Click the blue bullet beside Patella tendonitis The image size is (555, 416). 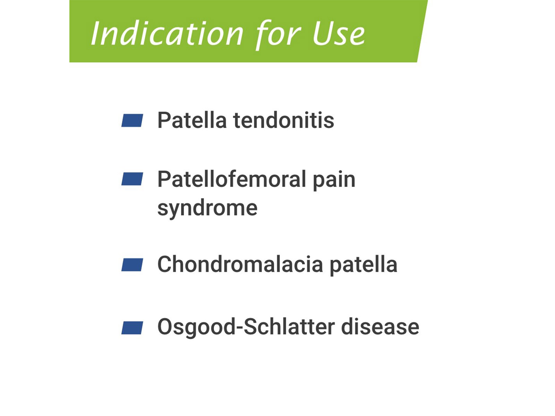132,120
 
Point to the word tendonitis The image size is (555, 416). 284,120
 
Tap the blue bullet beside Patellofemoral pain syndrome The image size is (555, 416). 132,179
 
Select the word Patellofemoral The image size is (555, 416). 232,179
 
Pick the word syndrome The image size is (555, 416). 207,209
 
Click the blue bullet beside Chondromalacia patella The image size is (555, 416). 132,265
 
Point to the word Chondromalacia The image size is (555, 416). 240,264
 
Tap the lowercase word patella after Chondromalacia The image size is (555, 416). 364,265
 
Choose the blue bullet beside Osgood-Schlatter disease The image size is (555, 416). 132,328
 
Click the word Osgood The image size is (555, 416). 196,327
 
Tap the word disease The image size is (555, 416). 380,327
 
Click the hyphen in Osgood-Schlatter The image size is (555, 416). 239,328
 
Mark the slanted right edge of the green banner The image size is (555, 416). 422,31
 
